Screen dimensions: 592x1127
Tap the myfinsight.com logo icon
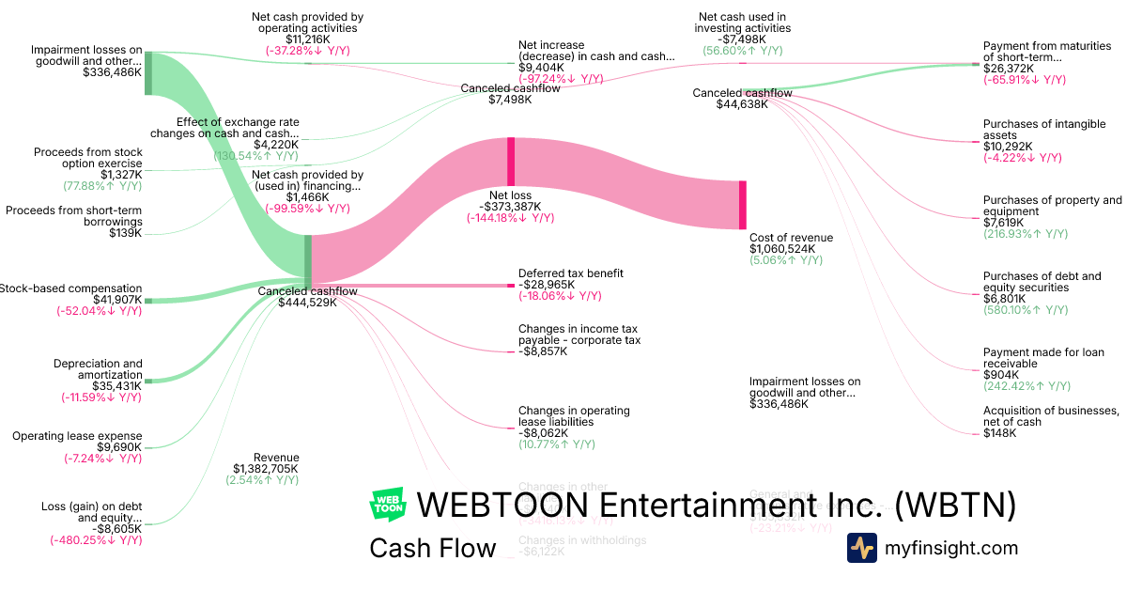[x=861, y=548]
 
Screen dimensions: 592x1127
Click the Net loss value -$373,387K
[x=511, y=207]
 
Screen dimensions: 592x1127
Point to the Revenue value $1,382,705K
[x=266, y=468]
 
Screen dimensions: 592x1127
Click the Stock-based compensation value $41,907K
[x=117, y=300]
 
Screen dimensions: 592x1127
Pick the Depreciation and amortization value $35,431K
[x=117, y=385]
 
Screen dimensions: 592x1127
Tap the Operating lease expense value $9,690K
[x=121, y=447]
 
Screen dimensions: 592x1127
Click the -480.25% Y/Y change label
[x=96, y=540]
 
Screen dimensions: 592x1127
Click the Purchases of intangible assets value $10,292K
[x=1008, y=147]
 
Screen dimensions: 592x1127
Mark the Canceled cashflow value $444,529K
[x=307, y=303]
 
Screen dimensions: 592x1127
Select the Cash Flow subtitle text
[x=432, y=549]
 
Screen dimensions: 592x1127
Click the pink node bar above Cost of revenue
[x=742, y=204]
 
